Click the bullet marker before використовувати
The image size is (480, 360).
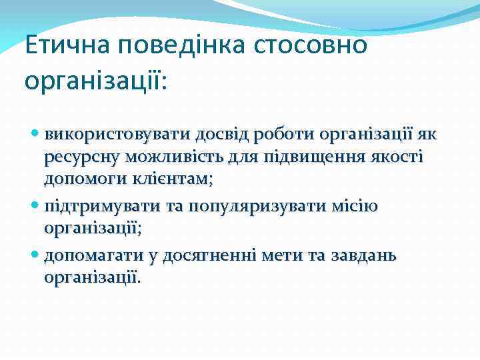click(x=36, y=135)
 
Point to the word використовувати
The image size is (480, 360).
click(x=117, y=135)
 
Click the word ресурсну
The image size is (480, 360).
click(x=79, y=157)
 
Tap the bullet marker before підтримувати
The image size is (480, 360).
click(x=36, y=206)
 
